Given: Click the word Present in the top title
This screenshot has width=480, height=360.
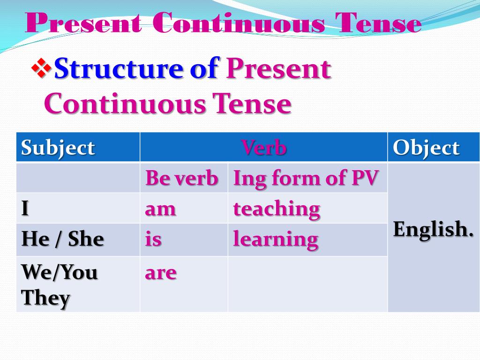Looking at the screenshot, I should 83,23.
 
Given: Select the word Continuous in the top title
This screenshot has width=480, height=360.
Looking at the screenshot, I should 238,23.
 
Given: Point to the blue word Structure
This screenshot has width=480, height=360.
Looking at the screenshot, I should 119,69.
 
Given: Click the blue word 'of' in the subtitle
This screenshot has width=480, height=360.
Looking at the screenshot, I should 204,69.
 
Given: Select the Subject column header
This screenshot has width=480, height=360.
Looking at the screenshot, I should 58,148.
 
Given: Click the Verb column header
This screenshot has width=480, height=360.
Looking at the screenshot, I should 264,148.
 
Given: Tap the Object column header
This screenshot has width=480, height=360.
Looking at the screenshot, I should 426,148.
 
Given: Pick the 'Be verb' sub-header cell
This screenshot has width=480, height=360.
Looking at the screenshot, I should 182,178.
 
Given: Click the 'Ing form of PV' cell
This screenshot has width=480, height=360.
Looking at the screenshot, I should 306,178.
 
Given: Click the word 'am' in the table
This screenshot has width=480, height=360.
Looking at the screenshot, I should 160,209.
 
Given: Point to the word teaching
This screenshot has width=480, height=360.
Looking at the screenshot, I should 277,209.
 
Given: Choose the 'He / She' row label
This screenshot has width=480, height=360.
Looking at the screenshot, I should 62,240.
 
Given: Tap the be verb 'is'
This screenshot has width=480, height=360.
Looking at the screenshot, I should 153,240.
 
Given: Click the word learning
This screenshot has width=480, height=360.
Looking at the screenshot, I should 276,240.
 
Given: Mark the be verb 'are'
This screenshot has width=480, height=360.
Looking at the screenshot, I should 161,272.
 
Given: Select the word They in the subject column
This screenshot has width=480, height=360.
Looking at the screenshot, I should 46,298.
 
